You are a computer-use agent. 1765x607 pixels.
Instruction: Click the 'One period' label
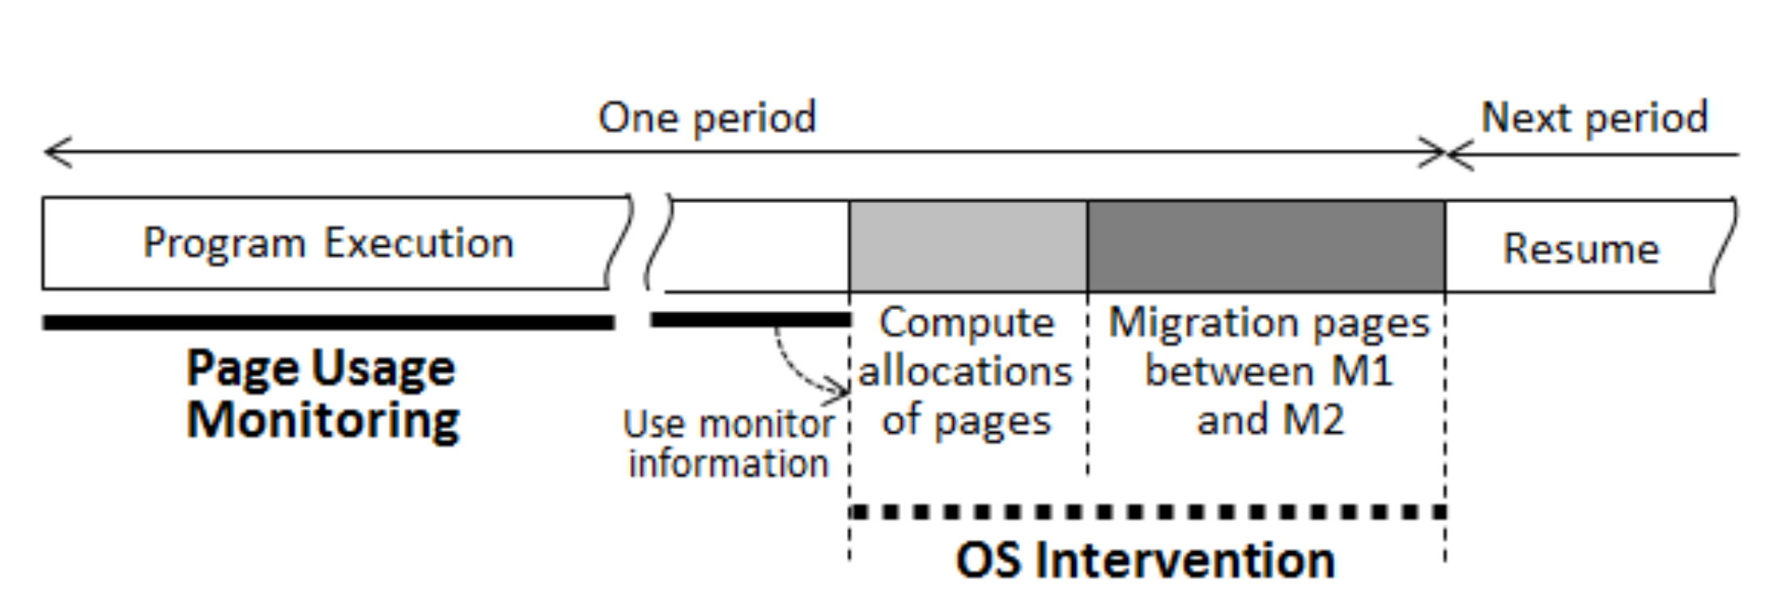(x=707, y=118)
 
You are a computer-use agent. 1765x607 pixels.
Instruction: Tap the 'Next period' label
(x=1594, y=118)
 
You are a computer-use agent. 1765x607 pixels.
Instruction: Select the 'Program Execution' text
(x=328, y=243)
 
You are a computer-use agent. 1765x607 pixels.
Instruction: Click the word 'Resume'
(x=1580, y=248)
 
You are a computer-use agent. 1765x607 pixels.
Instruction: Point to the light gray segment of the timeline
(x=968, y=246)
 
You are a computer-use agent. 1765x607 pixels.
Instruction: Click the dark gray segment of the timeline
(x=1266, y=246)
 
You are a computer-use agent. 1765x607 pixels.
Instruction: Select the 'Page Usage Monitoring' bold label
(x=322, y=394)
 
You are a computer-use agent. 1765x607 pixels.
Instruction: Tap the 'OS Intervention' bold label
(x=1145, y=560)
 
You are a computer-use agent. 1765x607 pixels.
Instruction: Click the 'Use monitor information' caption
(x=729, y=444)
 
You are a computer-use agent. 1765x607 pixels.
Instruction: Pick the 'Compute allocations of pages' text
(x=966, y=371)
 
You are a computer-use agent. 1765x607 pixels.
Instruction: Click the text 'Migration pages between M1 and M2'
(x=1269, y=371)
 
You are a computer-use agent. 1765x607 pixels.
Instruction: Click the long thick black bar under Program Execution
(x=328, y=323)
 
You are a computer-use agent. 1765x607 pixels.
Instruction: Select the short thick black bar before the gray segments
(x=750, y=320)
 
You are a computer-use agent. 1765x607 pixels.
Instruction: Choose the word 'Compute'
(x=967, y=323)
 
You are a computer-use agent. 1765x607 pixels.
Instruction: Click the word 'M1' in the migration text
(x=1362, y=371)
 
